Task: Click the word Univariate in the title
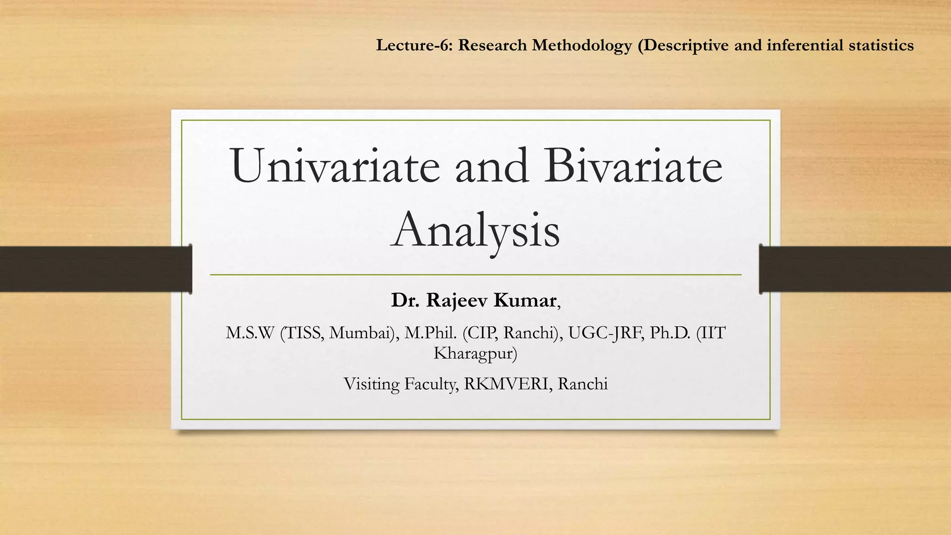tap(335, 166)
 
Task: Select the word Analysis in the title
tap(475, 230)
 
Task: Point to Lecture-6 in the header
tap(414, 46)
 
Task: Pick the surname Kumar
tap(524, 300)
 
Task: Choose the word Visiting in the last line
tap(371, 384)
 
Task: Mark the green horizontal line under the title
tap(475, 275)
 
